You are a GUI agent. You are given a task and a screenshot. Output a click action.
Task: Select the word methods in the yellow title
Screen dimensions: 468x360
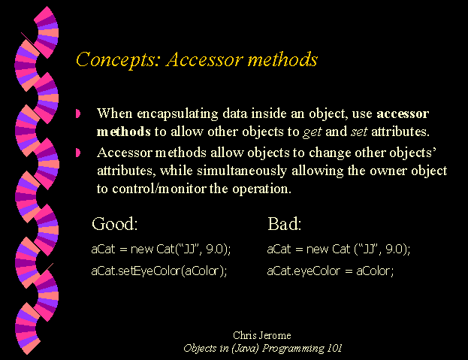pos(282,59)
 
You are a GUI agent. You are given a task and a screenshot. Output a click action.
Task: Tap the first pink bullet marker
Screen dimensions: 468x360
pos(78,113)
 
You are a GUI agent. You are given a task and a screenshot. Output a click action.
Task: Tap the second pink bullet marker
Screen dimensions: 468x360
pos(78,153)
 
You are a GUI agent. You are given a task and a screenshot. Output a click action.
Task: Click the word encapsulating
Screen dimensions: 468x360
pos(177,114)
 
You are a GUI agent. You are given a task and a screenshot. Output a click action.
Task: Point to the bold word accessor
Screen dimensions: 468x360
pos(403,113)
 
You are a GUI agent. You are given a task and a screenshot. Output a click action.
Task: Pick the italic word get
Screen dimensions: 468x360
pos(313,132)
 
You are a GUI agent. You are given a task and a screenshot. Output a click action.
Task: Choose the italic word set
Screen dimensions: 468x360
pos(359,132)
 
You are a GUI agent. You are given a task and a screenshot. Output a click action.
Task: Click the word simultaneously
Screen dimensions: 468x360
pos(242,171)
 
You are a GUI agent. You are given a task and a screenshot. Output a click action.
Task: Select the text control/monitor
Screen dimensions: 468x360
pos(159,189)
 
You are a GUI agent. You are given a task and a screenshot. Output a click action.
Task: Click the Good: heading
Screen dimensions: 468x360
pos(115,223)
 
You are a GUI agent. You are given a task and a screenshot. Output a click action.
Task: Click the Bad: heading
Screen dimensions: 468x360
pos(285,223)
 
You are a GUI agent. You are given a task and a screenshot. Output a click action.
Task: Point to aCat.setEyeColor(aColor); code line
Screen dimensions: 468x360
pos(159,271)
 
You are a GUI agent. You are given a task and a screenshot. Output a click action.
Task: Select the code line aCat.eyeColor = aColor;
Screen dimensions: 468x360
pos(331,271)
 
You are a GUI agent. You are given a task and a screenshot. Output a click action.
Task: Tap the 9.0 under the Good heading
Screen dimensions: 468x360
pos(214,249)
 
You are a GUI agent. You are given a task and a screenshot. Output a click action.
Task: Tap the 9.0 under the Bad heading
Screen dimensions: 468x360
pos(394,249)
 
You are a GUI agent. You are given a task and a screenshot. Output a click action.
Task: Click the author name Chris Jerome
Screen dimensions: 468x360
pos(262,335)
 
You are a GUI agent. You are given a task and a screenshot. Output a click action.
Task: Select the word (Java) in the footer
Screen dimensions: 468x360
pos(245,349)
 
